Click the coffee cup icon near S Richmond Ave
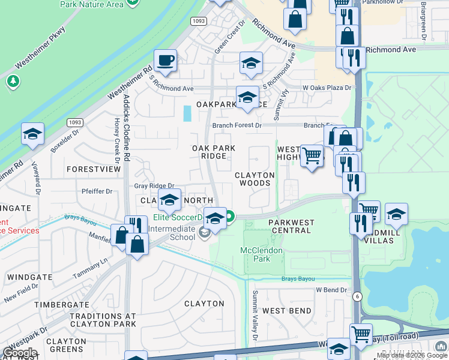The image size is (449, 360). tap(165, 61)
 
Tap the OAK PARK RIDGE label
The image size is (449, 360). tap(213, 152)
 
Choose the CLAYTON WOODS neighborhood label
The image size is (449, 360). tap(254, 179)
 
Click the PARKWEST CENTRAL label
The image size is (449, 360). tap(291, 226)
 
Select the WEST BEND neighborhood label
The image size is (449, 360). tap(287, 311)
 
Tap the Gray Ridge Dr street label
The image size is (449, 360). tap(154, 187)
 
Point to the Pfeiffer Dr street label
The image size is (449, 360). tap(97, 191)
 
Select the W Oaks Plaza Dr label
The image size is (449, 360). tap(327, 88)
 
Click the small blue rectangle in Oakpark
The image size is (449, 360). tap(187, 113)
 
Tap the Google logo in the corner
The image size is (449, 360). tap(20, 352)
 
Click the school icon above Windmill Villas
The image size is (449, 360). tap(396, 214)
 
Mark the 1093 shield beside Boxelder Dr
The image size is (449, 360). tap(74, 122)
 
